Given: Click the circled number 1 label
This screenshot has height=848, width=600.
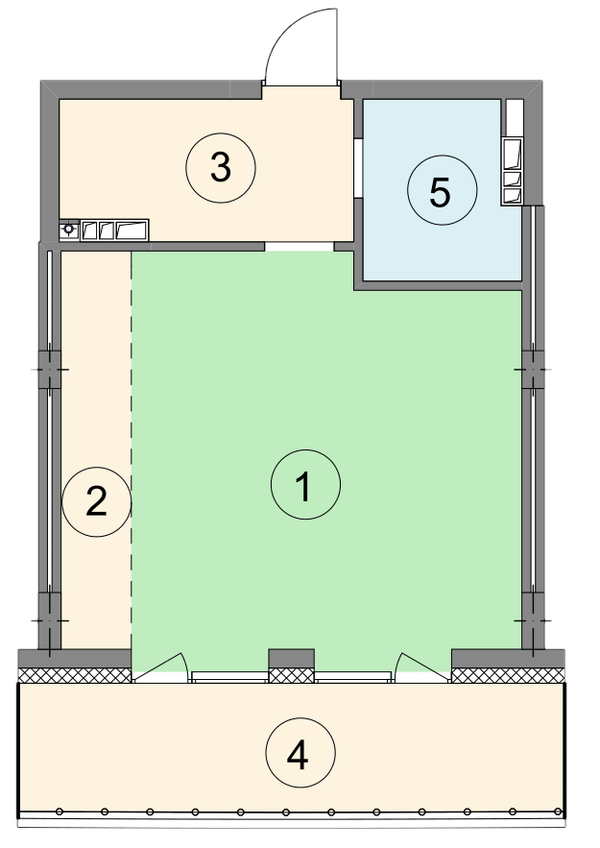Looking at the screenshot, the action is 305,485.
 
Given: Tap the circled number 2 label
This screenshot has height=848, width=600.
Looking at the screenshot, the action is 97,502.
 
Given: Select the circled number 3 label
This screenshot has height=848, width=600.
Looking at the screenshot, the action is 221,168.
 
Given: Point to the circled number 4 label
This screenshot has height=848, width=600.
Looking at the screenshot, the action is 300,753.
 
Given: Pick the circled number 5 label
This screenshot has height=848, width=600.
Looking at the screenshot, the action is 443,190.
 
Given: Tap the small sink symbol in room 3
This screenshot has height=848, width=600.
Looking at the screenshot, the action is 69,230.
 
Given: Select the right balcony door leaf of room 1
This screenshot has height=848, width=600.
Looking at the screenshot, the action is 421,667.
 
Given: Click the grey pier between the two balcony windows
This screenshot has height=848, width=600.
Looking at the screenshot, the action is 292,658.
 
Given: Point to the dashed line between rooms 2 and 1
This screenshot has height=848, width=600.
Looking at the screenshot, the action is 132,448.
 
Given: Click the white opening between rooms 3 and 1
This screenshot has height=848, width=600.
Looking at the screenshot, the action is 300,246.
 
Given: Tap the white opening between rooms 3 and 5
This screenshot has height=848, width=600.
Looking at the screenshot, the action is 358,169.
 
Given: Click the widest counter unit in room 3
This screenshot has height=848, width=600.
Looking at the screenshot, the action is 132,230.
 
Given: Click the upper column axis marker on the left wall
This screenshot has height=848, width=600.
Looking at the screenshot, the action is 50,370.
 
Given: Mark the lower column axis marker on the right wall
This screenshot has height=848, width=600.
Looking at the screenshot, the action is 533,620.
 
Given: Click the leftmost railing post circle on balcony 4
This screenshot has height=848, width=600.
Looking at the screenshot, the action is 60,812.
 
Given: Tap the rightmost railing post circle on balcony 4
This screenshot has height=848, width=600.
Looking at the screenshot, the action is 558,812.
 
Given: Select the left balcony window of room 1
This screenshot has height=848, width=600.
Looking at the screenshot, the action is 229,676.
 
